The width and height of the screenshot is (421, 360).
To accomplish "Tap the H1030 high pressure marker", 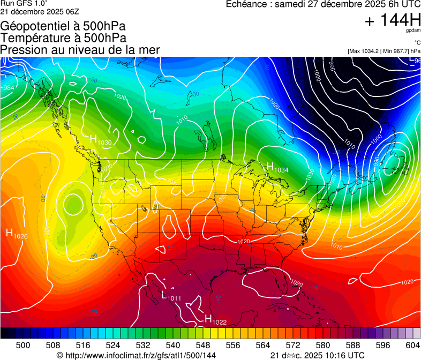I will [100, 140].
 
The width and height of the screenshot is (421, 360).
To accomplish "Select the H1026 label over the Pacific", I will [17, 234].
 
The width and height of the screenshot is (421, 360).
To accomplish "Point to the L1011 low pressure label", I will [171, 296].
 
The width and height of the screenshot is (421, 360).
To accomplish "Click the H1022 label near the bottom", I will [215, 319].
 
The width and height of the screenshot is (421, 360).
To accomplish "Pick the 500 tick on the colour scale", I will [23, 344].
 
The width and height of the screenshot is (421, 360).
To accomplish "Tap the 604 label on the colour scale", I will [413, 344].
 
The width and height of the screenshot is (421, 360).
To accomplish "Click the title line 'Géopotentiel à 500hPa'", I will [63, 26].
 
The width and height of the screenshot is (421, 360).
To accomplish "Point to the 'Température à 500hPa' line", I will [63, 38].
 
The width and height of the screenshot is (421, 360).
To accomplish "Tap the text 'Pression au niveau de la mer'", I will [80, 50].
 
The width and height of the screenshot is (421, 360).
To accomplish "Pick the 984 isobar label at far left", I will [9, 87].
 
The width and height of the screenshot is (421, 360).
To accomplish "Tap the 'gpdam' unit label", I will [412, 31].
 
